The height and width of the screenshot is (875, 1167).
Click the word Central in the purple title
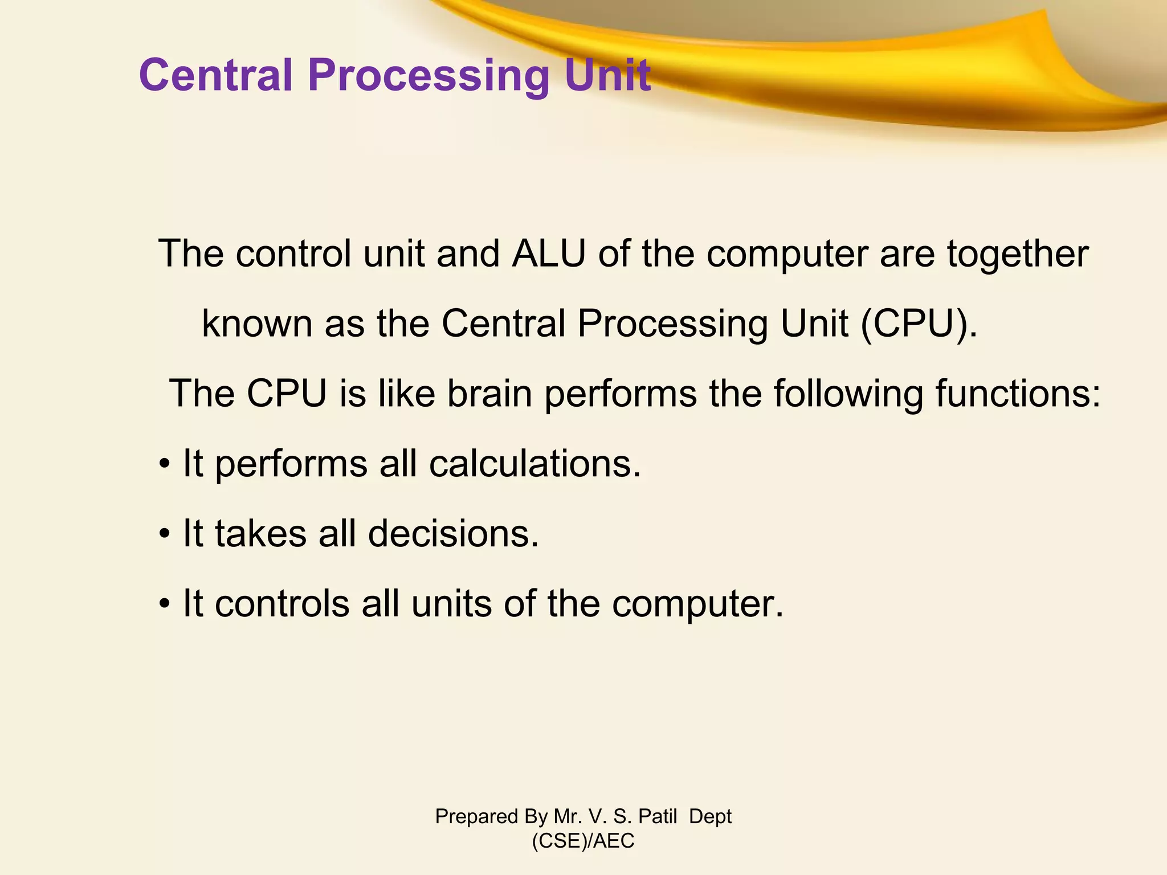pos(215,75)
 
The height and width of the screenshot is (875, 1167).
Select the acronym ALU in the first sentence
pos(549,253)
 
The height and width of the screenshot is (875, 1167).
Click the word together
pos(1018,255)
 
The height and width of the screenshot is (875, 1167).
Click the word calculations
pos(535,464)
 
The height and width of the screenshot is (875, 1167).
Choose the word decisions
pos(453,534)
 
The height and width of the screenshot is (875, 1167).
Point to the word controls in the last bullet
pos(282,604)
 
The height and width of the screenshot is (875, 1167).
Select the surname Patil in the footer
pos(658,816)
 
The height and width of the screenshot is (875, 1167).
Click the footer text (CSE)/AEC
pos(583,841)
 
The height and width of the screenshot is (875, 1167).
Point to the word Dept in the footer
pos(710,817)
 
